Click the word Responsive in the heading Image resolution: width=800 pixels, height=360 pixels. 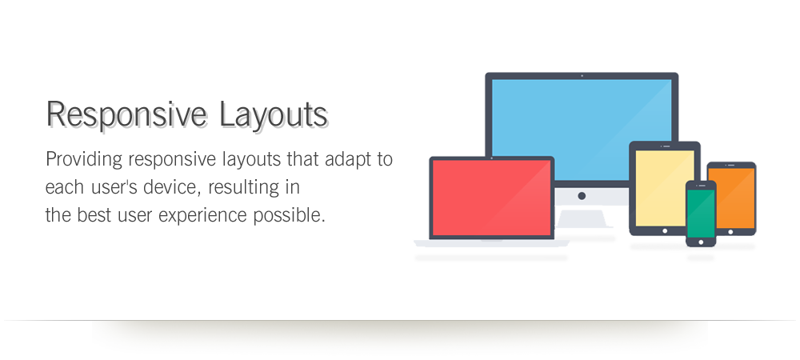click(126, 115)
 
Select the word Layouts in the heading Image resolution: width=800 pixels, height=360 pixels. click(274, 114)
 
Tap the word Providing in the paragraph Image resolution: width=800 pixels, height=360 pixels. click(84, 160)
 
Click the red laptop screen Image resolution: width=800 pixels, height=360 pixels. click(492, 198)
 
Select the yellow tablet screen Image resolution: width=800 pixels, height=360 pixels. click(664, 188)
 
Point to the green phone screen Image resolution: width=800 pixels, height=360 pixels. click(701, 213)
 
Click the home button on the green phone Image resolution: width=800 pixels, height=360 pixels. click(701, 242)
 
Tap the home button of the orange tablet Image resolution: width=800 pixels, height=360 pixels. click(730, 232)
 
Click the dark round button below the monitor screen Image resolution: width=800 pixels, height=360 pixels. click(582, 196)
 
